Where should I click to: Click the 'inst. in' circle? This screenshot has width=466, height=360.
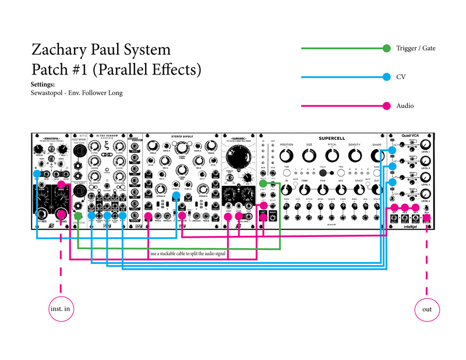(x=61, y=309)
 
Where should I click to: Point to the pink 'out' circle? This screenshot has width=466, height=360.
(x=427, y=309)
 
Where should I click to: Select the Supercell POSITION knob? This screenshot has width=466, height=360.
(x=287, y=156)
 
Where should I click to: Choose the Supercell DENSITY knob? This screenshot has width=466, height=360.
(x=355, y=156)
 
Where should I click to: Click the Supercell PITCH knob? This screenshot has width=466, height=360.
(x=332, y=156)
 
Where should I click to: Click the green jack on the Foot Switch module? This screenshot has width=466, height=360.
(x=78, y=216)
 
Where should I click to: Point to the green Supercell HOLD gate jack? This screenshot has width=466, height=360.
(x=263, y=184)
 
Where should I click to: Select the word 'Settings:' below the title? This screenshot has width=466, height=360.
(x=42, y=84)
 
